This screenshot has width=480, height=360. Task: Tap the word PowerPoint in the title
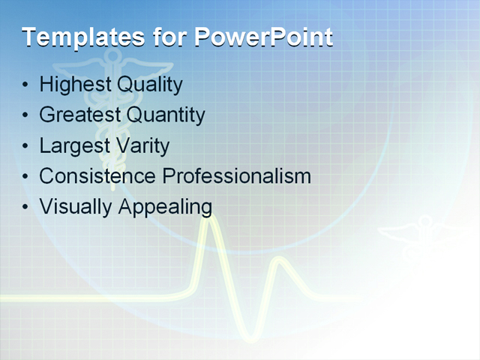click(263, 37)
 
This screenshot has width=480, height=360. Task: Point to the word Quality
click(149, 85)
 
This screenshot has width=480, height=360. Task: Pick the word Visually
click(76, 207)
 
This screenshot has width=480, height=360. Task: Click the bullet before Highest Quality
click(26, 85)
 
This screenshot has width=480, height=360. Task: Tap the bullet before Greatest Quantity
click(26, 115)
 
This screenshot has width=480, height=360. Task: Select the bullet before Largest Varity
click(26, 146)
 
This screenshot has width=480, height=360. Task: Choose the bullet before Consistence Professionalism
click(26, 177)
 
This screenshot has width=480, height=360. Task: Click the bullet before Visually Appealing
click(26, 207)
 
